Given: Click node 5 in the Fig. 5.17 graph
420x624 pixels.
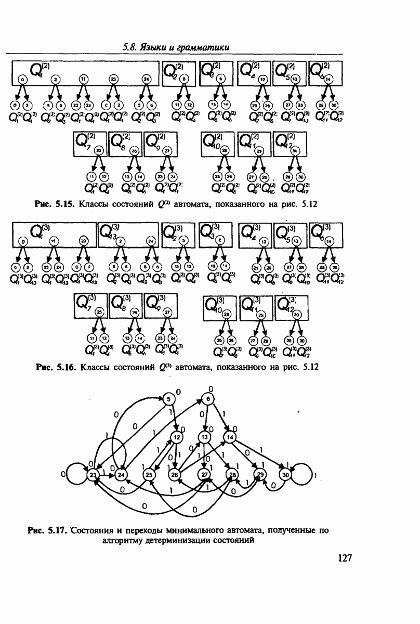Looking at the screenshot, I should click(x=168, y=399).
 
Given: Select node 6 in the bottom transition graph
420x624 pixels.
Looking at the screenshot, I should click(x=207, y=399).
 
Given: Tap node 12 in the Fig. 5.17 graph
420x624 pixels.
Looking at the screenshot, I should click(x=177, y=437).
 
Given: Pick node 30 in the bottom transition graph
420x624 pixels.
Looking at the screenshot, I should click(x=285, y=474).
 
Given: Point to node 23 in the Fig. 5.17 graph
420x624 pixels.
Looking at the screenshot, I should click(x=93, y=474).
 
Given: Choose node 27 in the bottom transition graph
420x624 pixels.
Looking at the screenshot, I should click(x=204, y=474).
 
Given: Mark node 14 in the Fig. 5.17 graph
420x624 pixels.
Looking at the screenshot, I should click(x=231, y=437).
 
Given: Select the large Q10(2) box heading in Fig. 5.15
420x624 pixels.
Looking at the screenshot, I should click(x=211, y=140).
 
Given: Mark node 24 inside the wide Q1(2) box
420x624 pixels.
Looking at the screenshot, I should click(x=146, y=79).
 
